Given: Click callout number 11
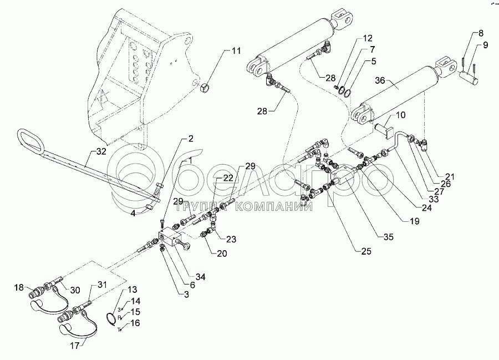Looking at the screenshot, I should coord(236,52).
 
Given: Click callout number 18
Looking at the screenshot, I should coord(19,287).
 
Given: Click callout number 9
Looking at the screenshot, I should coord(486,45).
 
